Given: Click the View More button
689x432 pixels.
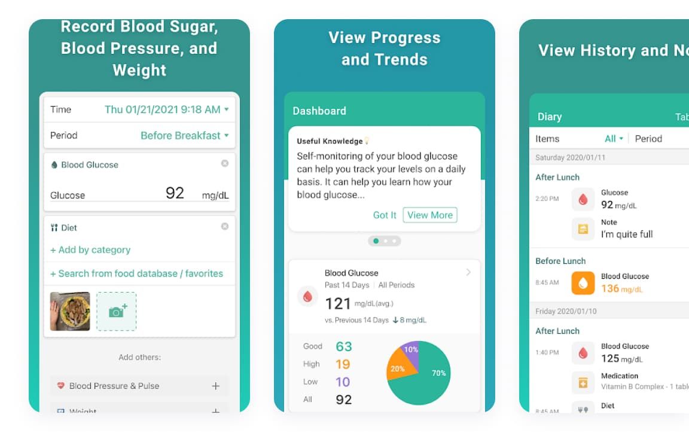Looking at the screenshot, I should click(430, 215).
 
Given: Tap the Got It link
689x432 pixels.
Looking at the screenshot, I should click(385, 215).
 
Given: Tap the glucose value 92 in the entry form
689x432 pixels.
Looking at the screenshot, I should click(175, 193).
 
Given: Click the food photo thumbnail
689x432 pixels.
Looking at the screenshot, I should click(70, 311).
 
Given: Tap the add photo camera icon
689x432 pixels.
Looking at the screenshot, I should click(116, 311).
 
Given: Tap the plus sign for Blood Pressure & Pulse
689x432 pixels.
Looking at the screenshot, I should click(216, 386).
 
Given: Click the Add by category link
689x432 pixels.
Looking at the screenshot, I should click(90, 250).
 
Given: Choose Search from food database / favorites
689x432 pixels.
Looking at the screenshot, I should click(136, 273).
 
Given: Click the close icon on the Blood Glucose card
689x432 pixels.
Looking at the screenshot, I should click(225, 163).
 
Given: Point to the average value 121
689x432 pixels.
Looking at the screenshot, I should click(337, 303).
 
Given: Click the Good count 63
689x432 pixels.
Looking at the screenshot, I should click(344, 346).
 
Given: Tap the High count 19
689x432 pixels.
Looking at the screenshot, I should click(343, 364).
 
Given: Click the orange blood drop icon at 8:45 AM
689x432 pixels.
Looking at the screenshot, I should click(583, 283).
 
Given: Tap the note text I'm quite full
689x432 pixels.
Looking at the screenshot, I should click(627, 235).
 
